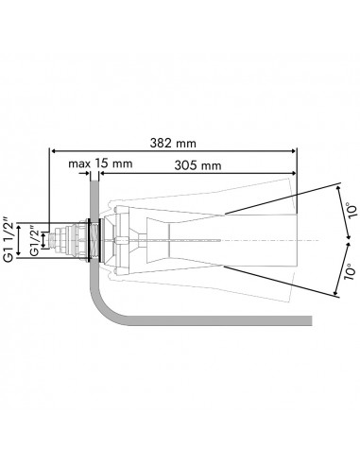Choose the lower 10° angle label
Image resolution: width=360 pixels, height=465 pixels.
351,274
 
